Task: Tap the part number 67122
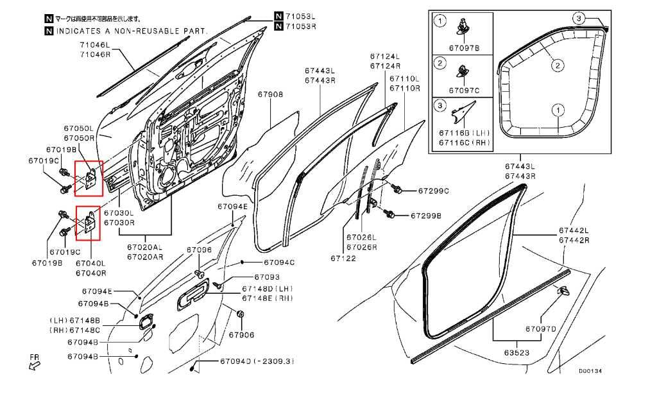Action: (x=343, y=259)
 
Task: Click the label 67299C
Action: (x=434, y=191)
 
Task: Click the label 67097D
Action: (x=540, y=329)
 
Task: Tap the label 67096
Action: (x=199, y=250)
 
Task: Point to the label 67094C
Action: (x=278, y=262)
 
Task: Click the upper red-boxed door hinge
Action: (x=89, y=178)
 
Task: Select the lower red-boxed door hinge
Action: (x=89, y=222)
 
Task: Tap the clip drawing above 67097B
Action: (x=465, y=26)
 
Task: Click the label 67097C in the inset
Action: (x=465, y=90)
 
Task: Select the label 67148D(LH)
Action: (x=268, y=289)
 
